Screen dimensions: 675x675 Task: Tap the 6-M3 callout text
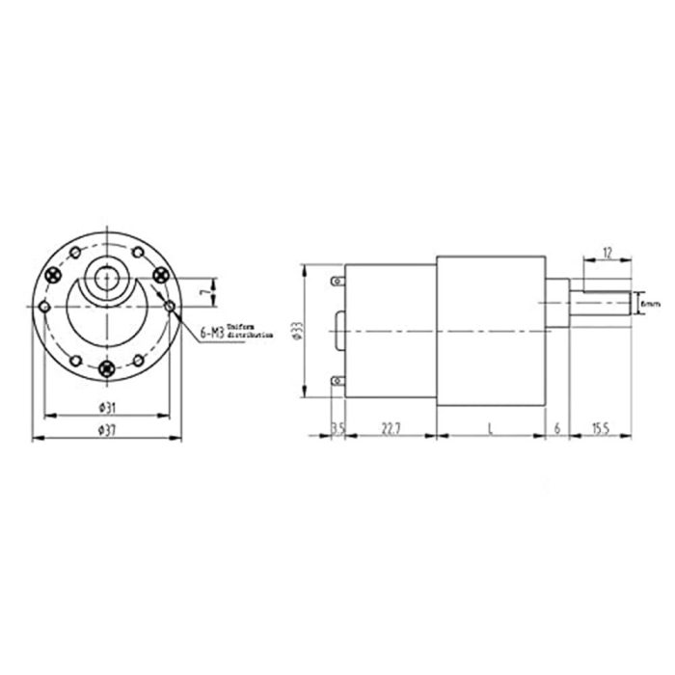click(x=211, y=333)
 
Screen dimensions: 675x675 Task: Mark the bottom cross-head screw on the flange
click(x=106, y=366)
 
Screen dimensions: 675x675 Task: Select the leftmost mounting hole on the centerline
click(x=43, y=306)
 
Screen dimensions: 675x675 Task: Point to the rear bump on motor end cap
click(x=338, y=331)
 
